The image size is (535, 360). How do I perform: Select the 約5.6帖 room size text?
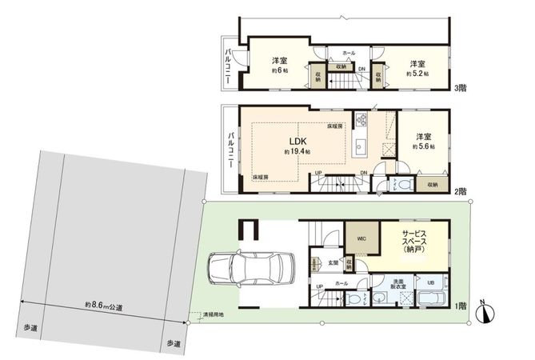(x=422, y=147)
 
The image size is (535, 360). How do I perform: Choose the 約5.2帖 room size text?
(x=417, y=73)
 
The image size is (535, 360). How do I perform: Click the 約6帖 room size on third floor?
(x=280, y=71)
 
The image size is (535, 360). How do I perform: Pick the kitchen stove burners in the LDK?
(x=361, y=122)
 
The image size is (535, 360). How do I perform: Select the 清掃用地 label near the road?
(x=213, y=315)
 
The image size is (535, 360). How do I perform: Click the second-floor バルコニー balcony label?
(x=230, y=149)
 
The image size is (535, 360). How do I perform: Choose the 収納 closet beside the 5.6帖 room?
(x=432, y=183)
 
